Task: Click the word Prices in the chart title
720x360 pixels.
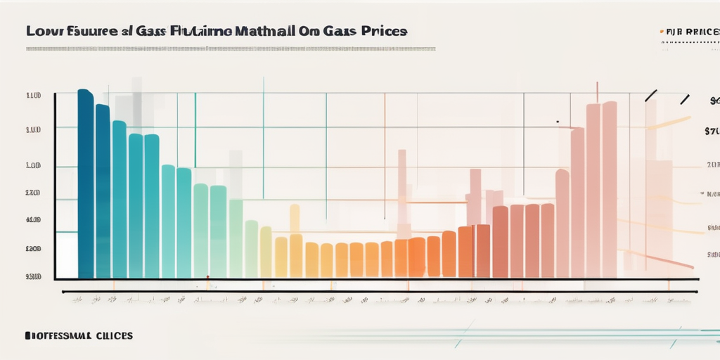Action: coord(384,32)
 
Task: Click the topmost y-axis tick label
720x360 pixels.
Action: coord(33,95)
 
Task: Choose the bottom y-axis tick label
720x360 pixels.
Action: coord(33,277)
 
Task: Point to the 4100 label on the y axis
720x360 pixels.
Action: coord(33,220)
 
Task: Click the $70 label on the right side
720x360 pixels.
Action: coord(712,131)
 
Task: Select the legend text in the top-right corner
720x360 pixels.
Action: coord(693,32)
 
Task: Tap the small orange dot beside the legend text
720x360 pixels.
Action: coord(662,32)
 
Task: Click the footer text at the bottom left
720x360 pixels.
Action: coord(78,336)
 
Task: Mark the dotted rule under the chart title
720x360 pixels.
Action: coord(231,49)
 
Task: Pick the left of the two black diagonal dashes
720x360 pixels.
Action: coord(651,96)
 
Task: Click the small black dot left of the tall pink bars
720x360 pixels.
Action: coord(557,122)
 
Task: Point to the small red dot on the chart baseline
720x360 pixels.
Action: coord(207,287)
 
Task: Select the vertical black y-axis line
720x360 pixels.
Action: coord(55,186)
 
